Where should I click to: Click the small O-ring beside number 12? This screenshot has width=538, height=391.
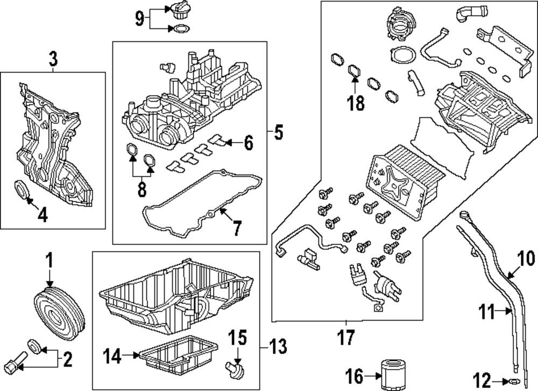(x=513, y=381)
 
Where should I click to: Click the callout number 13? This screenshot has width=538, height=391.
(x=279, y=344)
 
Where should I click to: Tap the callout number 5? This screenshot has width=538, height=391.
(x=278, y=132)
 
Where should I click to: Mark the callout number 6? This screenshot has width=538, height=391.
(x=247, y=143)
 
